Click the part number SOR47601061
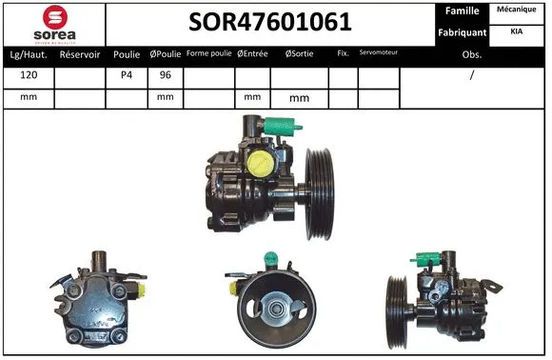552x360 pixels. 269,22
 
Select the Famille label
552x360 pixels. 463,10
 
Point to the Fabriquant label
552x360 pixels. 463,32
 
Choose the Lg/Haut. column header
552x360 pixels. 30,54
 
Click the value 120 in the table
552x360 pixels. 30,75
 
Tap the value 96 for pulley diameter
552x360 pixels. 166,75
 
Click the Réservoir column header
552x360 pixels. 80,54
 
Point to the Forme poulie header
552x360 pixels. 208,53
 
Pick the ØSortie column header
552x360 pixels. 300,54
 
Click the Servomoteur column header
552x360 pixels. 379,53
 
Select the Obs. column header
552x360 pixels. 472,55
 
